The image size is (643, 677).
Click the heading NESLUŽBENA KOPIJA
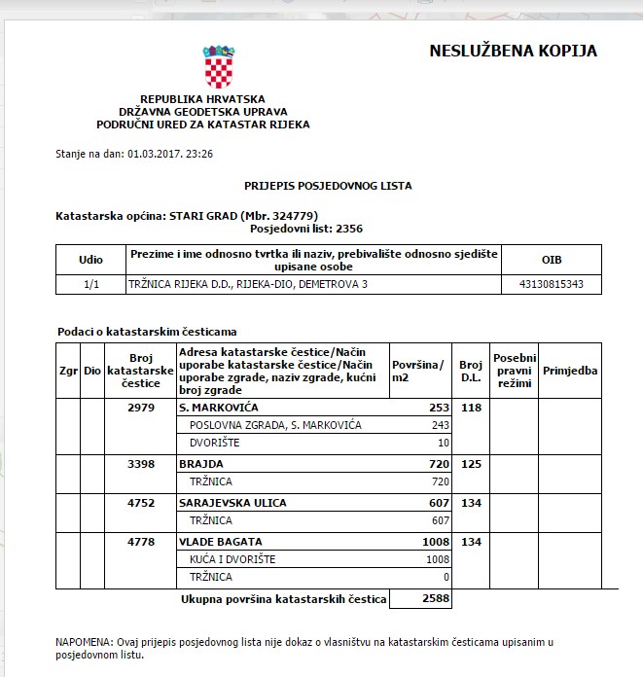click(513, 52)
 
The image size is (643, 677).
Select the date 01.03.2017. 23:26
click(169, 154)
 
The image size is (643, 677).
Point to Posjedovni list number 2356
click(348, 229)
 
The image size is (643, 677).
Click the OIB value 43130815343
click(551, 285)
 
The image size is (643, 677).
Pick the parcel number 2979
click(141, 408)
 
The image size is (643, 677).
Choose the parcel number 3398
click(141, 465)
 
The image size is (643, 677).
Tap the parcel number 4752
click(141, 503)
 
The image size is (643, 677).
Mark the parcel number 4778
click(141, 542)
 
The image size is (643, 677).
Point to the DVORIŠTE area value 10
click(444, 443)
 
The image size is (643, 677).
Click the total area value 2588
click(436, 598)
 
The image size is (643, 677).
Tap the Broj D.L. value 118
click(471, 408)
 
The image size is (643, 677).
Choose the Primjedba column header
click(570, 371)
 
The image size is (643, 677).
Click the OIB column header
click(551, 261)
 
